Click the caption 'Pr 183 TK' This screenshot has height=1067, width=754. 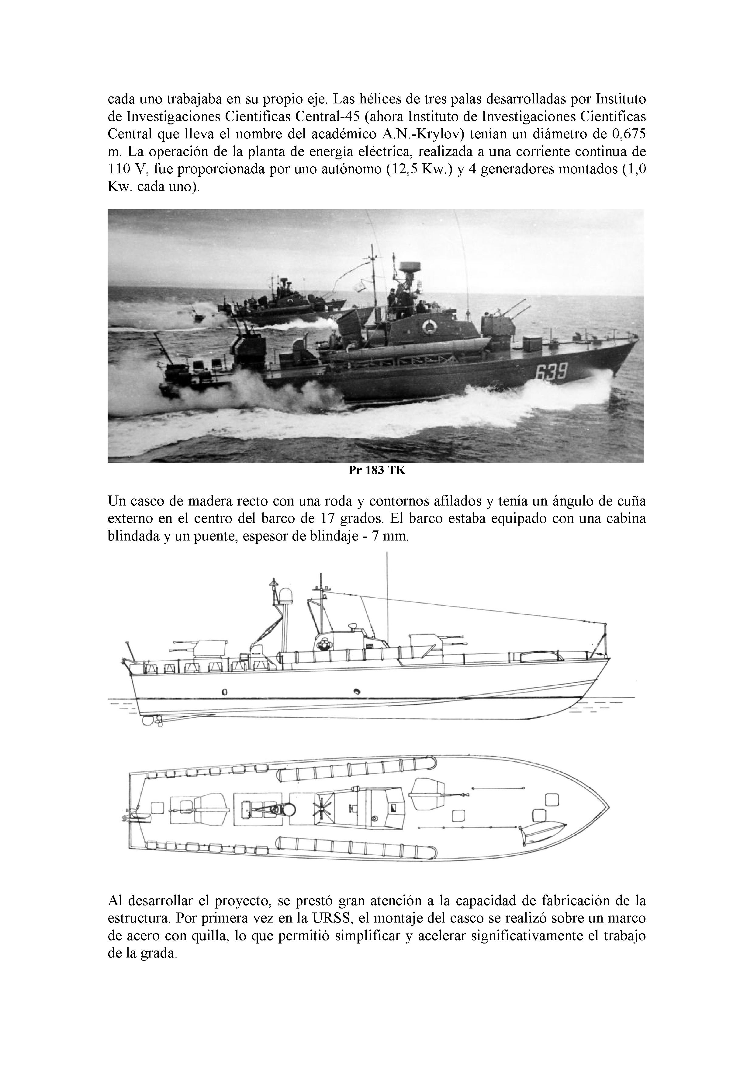click(377, 470)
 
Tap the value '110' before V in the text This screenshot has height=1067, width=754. click(119, 169)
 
